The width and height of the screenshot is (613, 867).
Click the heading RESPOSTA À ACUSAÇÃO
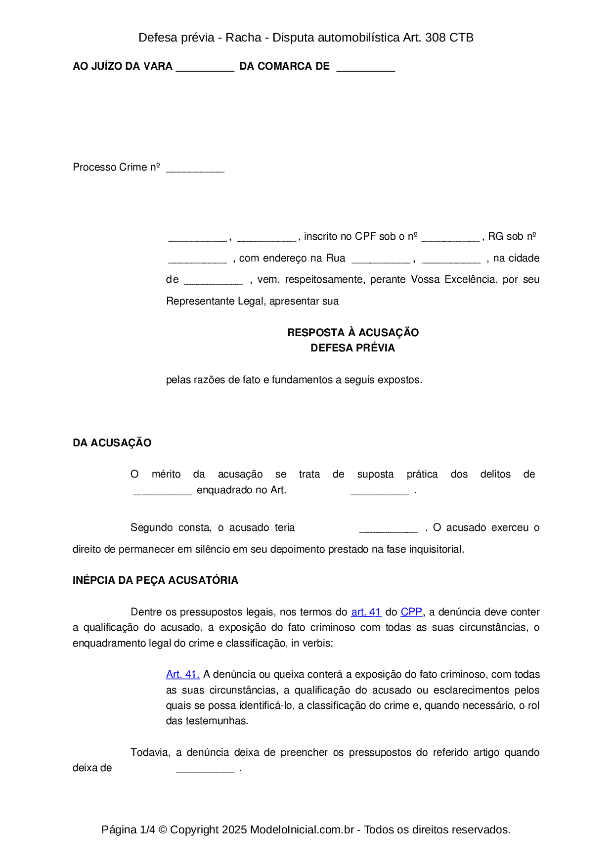352,332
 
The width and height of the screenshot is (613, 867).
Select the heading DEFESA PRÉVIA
352,348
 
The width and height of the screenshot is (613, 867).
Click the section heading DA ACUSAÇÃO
112,443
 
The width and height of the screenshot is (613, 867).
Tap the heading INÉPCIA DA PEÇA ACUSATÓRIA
155,580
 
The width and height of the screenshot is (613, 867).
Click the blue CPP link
411,612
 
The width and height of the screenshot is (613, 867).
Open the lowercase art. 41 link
366,612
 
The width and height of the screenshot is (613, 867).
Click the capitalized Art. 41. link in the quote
182,674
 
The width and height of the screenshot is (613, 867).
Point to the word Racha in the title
243,38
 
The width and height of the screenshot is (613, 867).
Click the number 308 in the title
435,38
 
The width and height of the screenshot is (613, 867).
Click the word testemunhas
221,721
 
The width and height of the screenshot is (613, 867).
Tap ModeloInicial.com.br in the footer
302,829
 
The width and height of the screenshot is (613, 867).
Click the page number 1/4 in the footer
147,829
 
